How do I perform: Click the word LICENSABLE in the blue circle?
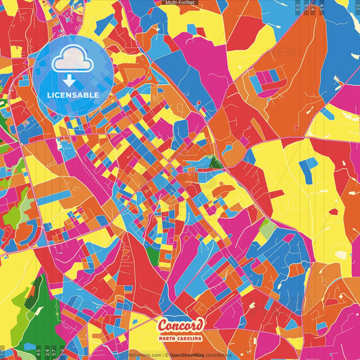tap(72, 94)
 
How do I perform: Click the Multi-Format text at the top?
tap(180, 3)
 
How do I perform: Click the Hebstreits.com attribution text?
tap(145, 354)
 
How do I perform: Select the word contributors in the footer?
tap(219, 354)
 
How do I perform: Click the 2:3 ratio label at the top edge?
tap(299, 6)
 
